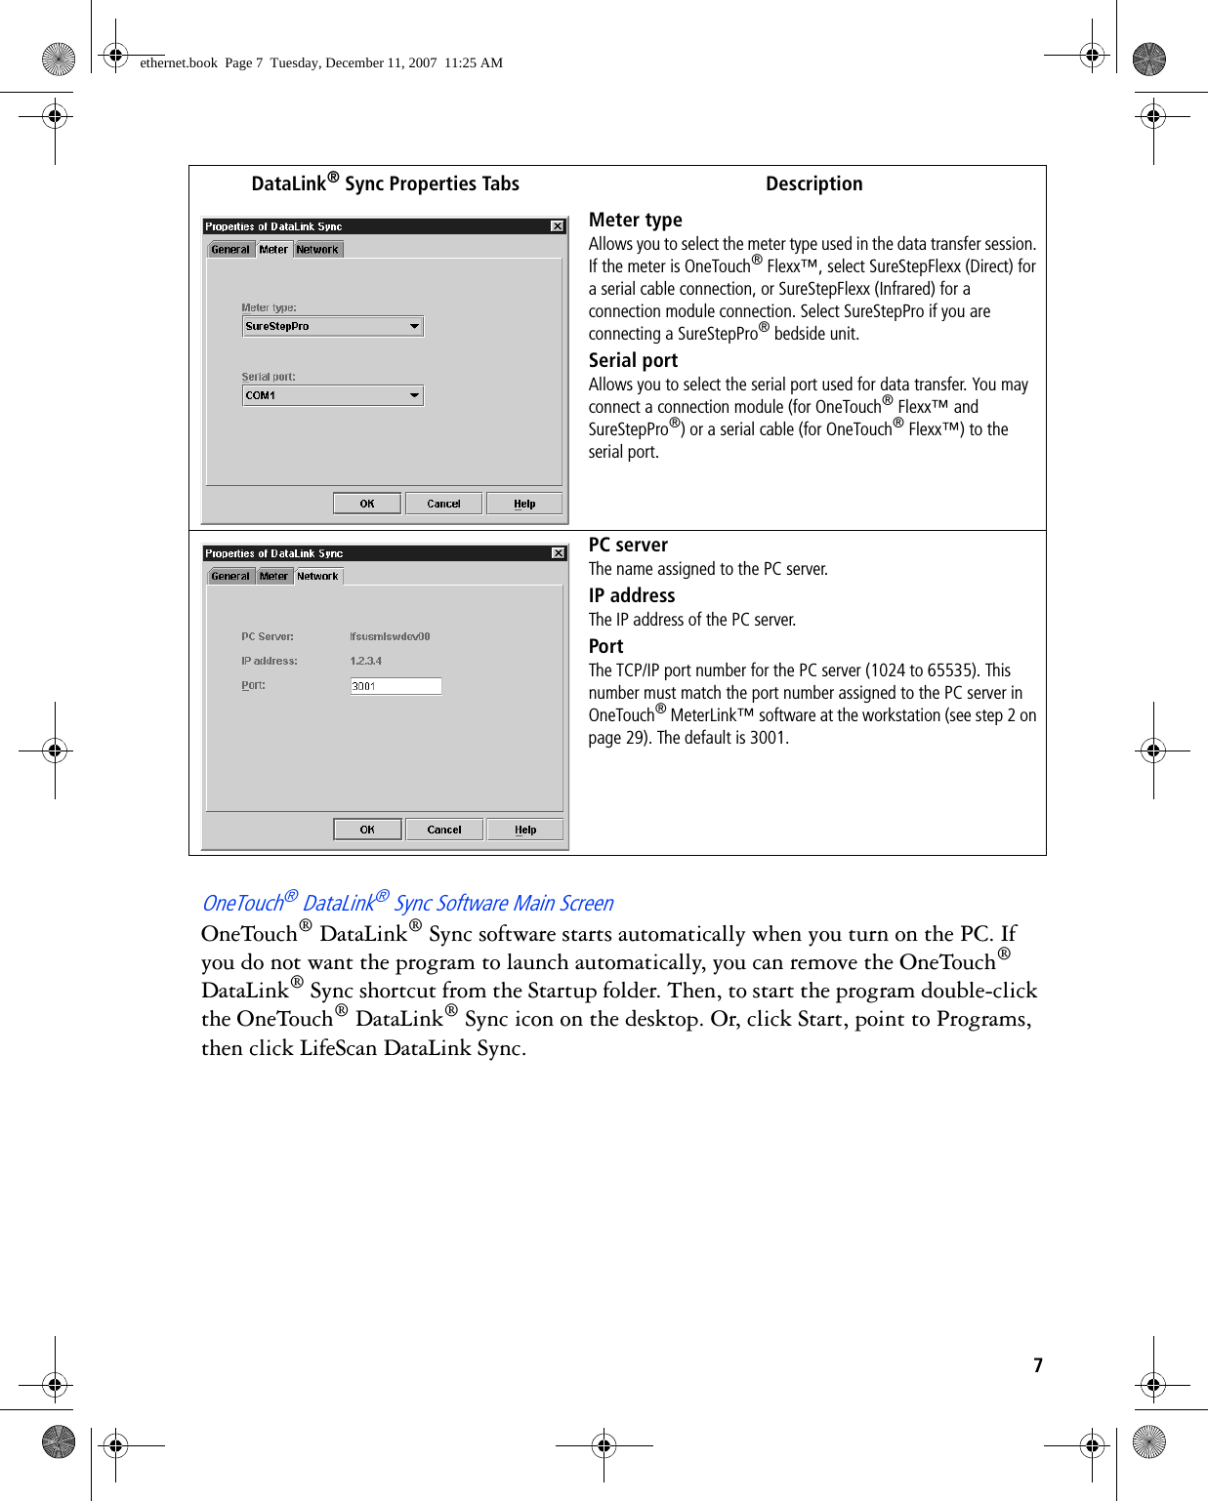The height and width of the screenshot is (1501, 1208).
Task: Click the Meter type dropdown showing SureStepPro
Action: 332,327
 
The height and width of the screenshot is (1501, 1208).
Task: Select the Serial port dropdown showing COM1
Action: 332,395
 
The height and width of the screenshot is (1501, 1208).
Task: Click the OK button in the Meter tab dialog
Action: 367,504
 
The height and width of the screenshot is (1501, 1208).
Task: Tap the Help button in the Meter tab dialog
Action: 524,504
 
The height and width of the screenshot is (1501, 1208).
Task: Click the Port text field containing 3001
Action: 396,686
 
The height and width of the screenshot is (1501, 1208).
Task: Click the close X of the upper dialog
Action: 558,226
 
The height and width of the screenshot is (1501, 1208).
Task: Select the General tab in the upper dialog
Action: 230,250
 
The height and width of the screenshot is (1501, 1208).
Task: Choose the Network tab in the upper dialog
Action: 317,250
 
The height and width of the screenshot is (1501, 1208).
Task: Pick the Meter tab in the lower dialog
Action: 273,577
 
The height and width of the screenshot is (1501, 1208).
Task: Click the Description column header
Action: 813,183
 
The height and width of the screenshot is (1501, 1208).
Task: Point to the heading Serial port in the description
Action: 633,360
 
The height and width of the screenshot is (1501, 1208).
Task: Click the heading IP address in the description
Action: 632,595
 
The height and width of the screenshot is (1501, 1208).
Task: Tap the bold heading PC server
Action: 628,545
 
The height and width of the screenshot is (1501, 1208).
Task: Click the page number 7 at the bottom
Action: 1038,1365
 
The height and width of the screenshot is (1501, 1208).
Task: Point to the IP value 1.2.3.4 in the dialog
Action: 366,661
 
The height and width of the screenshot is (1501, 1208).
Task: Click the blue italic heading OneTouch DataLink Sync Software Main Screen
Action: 407,903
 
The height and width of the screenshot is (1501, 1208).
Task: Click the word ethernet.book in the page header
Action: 179,62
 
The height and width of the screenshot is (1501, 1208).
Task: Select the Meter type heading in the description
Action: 635,220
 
